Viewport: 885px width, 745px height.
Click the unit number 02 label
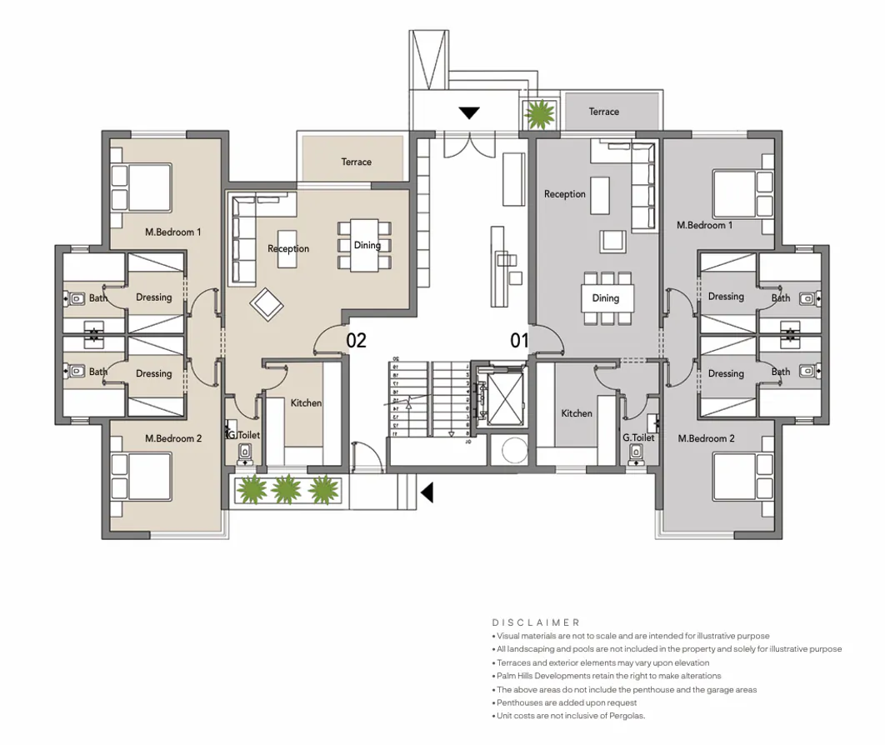pyautogui.click(x=356, y=340)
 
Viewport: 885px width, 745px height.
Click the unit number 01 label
pyautogui.click(x=520, y=340)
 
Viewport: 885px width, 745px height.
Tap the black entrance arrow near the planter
pyautogui.click(x=427, y=492)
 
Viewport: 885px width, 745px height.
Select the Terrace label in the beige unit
pyautogui.click(x=356, y=162)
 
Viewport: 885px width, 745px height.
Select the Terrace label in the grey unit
pyautogui.click(x=603, y=112)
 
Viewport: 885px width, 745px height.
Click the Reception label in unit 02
pyautogui.click(x=288, y=248)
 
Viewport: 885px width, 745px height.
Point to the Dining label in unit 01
pyautogui.click(x=605, y=298)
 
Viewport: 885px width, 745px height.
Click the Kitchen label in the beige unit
pyautogui.click(x=306, y=403)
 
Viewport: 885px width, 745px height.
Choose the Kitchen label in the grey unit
pyautogui.click(x=576, y=413)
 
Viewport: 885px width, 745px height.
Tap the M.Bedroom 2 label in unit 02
pyautogui.click(x=173, y=438)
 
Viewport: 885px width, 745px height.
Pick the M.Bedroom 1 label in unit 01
pyautogui.click(x=705, y=225)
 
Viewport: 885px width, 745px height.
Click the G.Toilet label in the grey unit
pyautogui.click(x=638, y=437)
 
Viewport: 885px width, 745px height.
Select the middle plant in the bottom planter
pyautogui.click(x=286, y=490)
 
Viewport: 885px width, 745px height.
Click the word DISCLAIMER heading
pyautogui.click(x=536, y=622)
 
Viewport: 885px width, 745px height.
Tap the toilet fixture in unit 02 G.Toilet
pyautogui.click(x=245, y=451)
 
